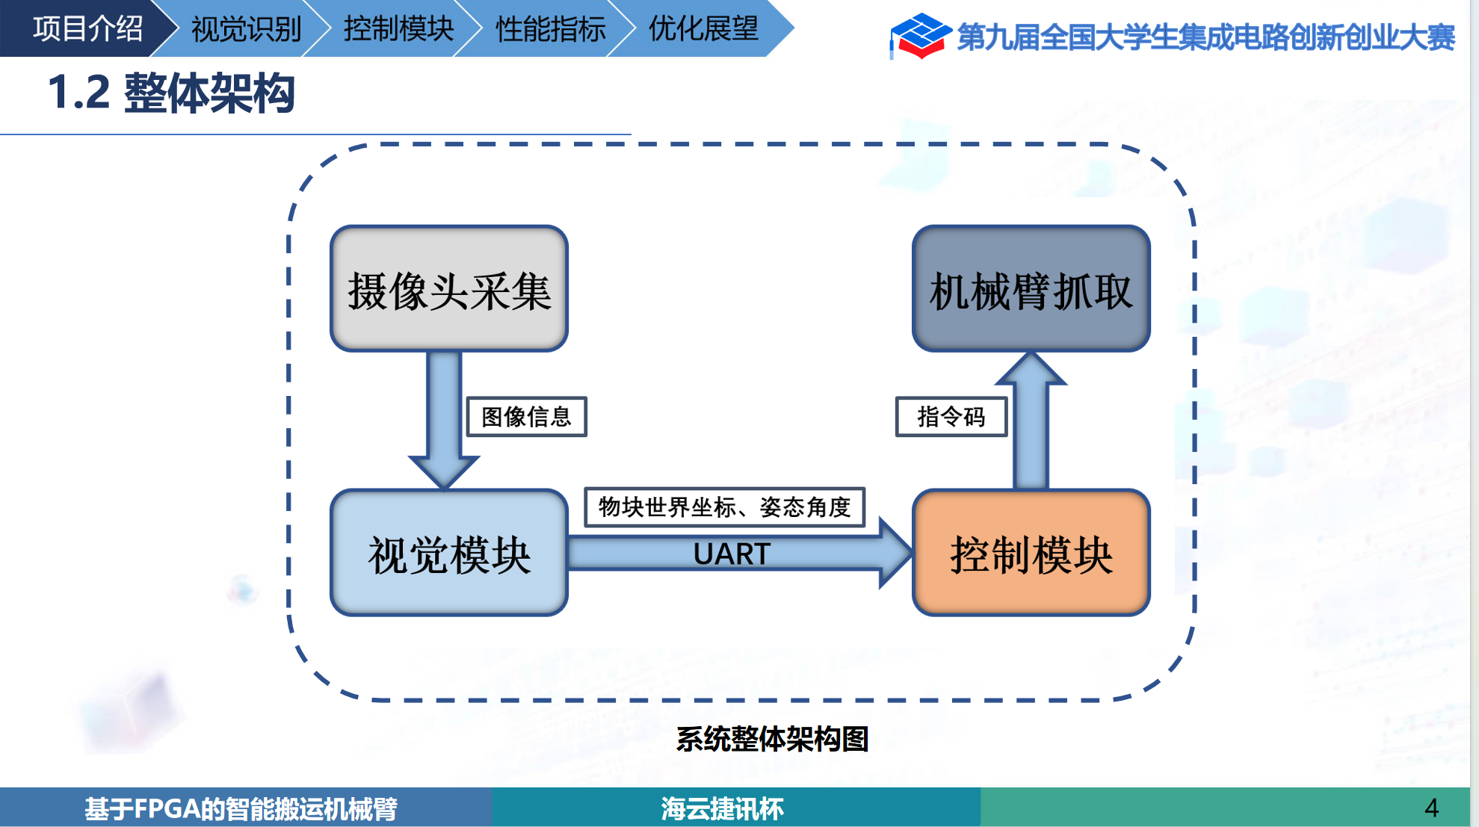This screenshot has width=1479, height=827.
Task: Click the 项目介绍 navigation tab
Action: coord(87,29)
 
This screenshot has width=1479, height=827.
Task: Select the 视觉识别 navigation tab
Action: coord(246,29)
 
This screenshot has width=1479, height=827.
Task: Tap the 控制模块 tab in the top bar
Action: coord(398,29)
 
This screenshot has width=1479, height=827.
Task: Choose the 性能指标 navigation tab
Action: coord(551,29)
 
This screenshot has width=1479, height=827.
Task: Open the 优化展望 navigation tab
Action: coord(703,29)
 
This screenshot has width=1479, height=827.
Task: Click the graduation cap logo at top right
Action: coord(919,35)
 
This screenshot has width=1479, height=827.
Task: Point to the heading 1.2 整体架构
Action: coord(172,93)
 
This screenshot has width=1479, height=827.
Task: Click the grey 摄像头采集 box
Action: coord(449,289)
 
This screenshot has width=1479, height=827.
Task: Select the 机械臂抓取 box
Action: coord(1031,289)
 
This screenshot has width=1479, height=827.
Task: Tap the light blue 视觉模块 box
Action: coord(449,554)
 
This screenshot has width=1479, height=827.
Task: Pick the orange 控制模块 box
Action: coord(1031,554)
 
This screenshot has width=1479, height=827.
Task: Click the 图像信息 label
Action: coord(526,417)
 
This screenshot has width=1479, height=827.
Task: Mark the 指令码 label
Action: coord(951,417)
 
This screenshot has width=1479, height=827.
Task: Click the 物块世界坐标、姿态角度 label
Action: coord(724,507)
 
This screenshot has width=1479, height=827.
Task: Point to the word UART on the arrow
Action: coord(732,554)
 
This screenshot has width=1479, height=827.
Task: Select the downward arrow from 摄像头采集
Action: coord(444,418)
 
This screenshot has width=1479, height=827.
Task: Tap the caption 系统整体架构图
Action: coord(772,739)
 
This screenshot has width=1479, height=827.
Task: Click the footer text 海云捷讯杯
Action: coord(722,808)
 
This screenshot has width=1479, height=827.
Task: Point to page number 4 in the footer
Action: coord(1431,808)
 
